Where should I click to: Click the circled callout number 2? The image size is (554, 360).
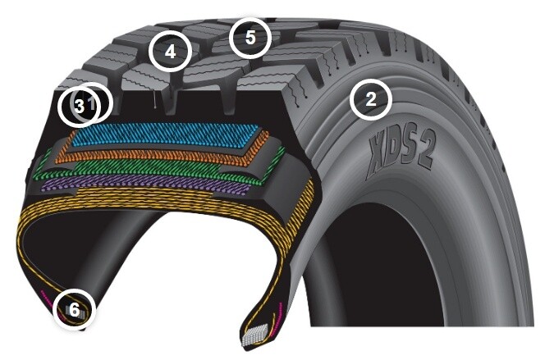click(x=371, y=99)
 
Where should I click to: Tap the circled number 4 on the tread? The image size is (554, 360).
click(x=170, y=52)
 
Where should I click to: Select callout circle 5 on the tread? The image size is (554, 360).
click(x=250, y=38)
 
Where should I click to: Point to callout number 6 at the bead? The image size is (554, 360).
click(x=74, y=310)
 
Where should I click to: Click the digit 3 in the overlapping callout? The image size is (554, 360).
click(x=80, y=105)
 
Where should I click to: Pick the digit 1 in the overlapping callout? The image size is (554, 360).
click(x=92, y=104)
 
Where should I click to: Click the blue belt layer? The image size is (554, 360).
click(x=165, y=135)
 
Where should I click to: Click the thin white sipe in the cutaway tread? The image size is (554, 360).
click(x=155, y=99)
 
